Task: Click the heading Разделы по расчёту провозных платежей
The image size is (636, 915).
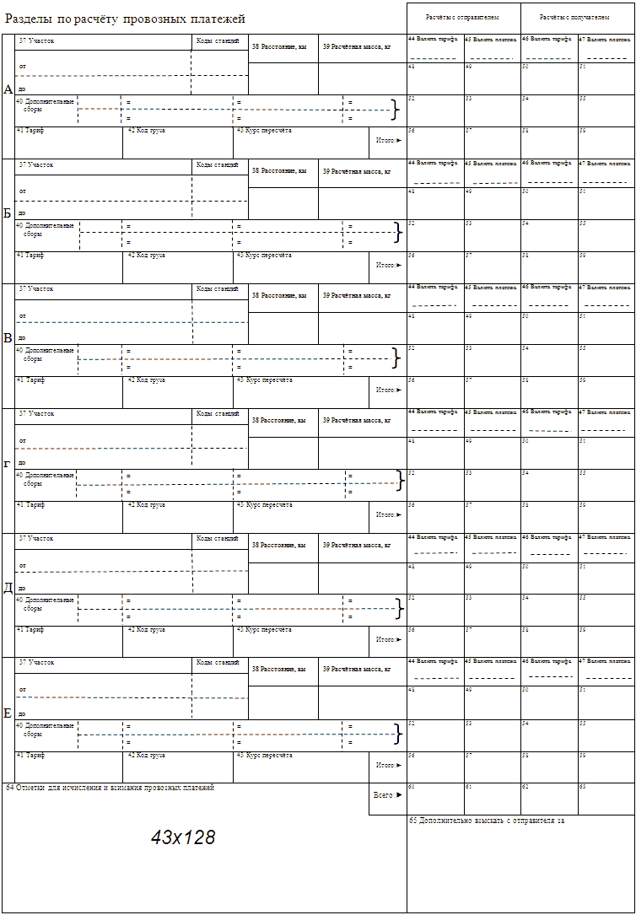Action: pos(125,18)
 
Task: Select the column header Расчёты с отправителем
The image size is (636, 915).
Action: pos(462,17)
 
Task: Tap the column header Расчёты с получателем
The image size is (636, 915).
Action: pos(576,17)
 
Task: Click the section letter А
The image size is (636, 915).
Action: pos(8,89)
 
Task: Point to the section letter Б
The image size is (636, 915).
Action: pos(8,213)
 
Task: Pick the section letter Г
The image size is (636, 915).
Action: pos(8,464)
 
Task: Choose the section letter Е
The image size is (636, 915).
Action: pos(8,713)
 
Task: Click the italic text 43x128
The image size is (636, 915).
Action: pos(183,837)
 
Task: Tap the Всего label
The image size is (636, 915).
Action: pos(387,794)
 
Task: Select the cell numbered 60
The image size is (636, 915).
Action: pos(434,799)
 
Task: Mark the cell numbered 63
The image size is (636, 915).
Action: pos(606,799)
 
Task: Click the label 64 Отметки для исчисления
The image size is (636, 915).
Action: pos(110,788)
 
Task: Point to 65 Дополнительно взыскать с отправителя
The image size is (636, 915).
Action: pos(486,821)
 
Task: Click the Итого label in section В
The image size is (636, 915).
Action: pos(389,390)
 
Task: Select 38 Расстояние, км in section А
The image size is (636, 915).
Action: pos(278,47)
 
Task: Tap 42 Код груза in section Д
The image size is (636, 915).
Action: pos(146,630)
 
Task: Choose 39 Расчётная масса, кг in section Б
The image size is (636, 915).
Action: pos(357,172)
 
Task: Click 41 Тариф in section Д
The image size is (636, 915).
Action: pos(30,630)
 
